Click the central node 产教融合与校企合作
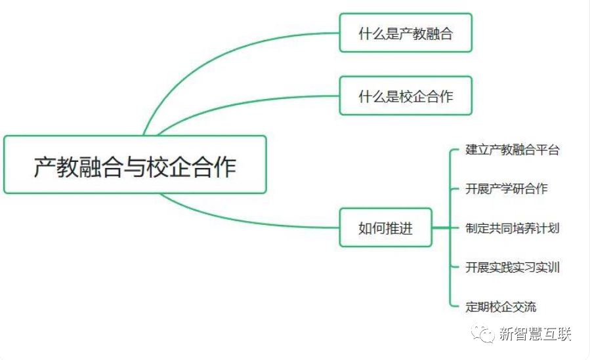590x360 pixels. coord(135,165)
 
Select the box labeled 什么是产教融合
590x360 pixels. coord(406,33)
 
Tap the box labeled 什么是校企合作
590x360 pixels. coord(406,96)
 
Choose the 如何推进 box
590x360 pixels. coord(385,228)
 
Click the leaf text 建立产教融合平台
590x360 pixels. coord(513,150)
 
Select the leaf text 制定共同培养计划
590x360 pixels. coord(513,228)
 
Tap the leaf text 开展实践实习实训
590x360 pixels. coord(513,267)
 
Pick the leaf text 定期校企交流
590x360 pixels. coord(501,306)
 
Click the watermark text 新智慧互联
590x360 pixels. coord(535,334)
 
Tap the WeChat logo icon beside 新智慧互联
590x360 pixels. coord(486,334)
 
